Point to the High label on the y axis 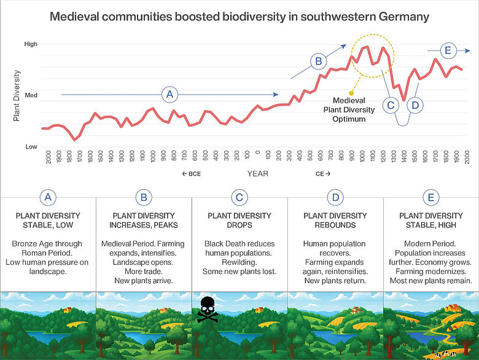(31, 44)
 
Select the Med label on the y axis (31, 95)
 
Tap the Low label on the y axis (31, 146)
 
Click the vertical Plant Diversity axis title (17, 95)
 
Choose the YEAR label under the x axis (258, 174)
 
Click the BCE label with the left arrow (191, 174)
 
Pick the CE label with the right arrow (323, 174)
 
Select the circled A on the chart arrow (170, 95)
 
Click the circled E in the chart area (448, 50)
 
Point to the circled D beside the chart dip (415, 105)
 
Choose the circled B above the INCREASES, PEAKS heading (144, 197)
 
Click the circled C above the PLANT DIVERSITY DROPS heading (240, 197)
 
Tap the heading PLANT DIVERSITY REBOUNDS (335, 220)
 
